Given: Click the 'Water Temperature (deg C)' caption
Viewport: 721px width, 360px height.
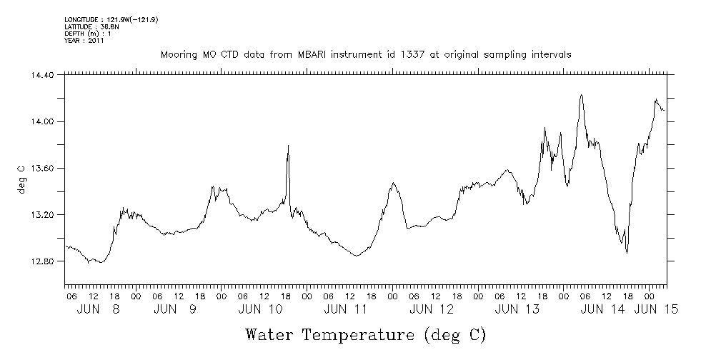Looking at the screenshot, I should tap(365, 334).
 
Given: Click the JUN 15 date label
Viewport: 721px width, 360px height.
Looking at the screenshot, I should tap(656, 309).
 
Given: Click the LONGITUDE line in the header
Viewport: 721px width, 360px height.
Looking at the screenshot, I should tap(111, 19).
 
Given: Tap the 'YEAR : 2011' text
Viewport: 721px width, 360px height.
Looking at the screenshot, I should tap(84, 41).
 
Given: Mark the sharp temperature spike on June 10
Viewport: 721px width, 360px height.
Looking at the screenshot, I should tap(288, 146).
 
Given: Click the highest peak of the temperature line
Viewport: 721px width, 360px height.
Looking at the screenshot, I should tap(582, 94).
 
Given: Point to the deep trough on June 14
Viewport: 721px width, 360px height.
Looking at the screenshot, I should tap(627, 252).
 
